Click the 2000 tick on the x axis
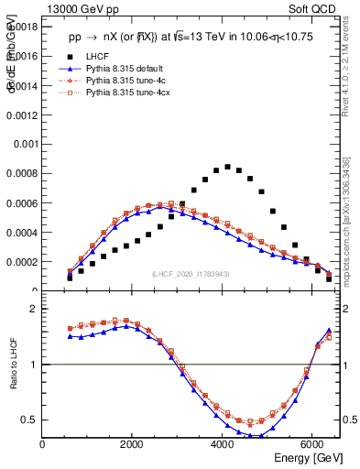(132, 444)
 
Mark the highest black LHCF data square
(227, 167)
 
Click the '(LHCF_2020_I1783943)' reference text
(192, 274)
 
